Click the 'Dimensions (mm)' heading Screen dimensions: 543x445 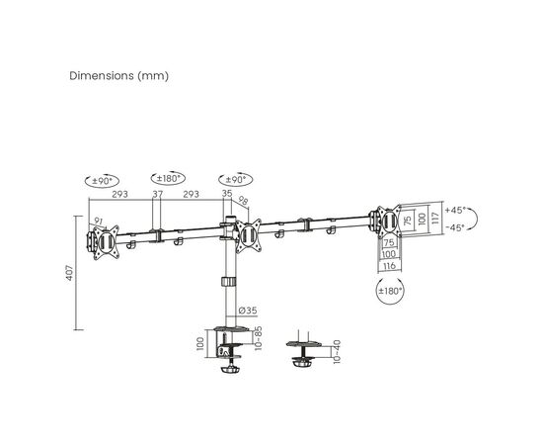[118, 75]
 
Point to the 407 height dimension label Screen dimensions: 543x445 [70, 273]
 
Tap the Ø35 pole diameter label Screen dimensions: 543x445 [248, 311]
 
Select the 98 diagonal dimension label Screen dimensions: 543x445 [243, 201]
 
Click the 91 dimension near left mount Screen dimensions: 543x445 [99, 221]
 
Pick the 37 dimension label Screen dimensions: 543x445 [158, 194]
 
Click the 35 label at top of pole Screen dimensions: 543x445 [227, 193]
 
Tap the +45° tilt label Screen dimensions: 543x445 [455, 211]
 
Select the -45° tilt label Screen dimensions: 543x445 [455, 227]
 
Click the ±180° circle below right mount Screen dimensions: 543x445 [390, 291]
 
